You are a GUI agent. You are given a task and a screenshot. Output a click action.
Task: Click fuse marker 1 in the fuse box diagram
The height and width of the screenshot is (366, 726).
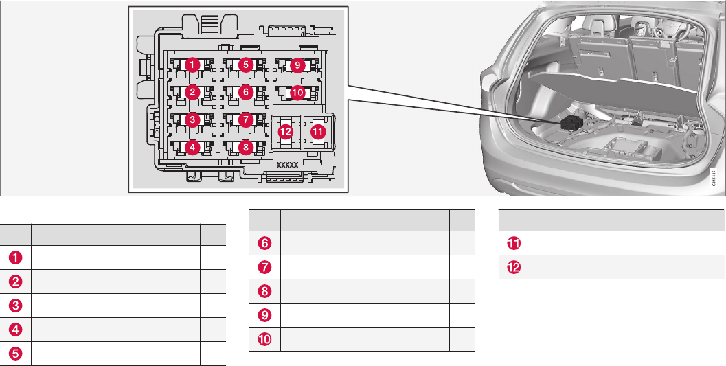tap(193, 65)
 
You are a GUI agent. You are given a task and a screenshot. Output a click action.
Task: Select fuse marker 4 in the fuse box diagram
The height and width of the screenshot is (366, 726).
tap(193, 146)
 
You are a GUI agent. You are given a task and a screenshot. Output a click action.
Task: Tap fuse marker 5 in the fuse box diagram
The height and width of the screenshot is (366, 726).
tap(245, 65)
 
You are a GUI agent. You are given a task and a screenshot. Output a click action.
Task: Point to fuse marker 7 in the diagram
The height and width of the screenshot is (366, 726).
tap(245, 119)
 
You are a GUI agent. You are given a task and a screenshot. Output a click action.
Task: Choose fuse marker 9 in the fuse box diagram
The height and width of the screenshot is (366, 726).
tap(297, 65)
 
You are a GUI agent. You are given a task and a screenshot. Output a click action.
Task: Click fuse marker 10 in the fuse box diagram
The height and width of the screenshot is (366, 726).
tap(297, 92)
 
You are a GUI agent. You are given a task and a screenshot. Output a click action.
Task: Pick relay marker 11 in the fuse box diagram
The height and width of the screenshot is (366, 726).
tap(317, 131)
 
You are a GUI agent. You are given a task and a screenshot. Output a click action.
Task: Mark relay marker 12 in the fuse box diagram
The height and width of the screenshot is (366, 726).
tap(286, 131)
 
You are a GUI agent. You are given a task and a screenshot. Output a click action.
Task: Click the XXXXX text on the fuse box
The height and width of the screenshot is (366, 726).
tap(287, 165)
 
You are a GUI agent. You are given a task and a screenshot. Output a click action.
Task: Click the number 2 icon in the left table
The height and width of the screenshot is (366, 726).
tap(16, 282)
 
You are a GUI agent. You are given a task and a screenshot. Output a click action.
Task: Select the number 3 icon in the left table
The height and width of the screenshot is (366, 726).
tap(16, 306)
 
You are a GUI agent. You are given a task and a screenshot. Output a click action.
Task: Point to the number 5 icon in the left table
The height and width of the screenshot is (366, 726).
tap(16, 354)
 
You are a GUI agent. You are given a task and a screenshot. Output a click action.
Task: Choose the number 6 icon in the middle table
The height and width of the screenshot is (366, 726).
tap(265, 242)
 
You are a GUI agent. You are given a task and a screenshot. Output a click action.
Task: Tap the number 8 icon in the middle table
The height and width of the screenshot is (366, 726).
tap(265, 290)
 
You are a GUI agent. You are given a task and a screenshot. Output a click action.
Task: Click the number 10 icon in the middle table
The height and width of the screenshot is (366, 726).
tap(265, 339)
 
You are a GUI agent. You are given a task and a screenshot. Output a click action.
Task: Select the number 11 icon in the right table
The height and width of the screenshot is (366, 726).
tap(514, 242)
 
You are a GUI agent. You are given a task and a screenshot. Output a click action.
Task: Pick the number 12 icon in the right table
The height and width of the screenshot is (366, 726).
tap(514, 266)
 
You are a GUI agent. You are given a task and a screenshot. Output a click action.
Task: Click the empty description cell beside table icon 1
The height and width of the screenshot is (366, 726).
tap(115, 258)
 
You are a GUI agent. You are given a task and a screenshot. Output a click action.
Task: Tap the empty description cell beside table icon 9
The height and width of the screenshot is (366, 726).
tap(365, 315)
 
